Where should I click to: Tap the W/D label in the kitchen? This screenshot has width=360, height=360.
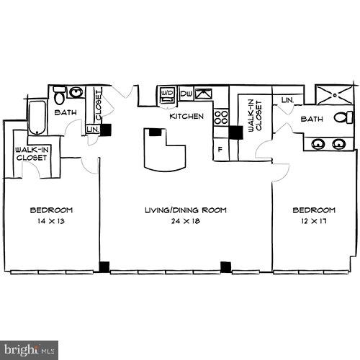[167, 94]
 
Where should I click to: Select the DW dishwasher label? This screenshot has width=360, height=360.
[186, 94]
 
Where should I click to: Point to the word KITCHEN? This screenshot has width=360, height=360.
[186, 116]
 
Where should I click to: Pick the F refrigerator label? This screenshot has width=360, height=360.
[220, 149]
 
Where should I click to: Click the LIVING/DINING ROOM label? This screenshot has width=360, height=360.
[185, 210]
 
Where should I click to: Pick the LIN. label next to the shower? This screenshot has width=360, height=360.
[287, 100]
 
